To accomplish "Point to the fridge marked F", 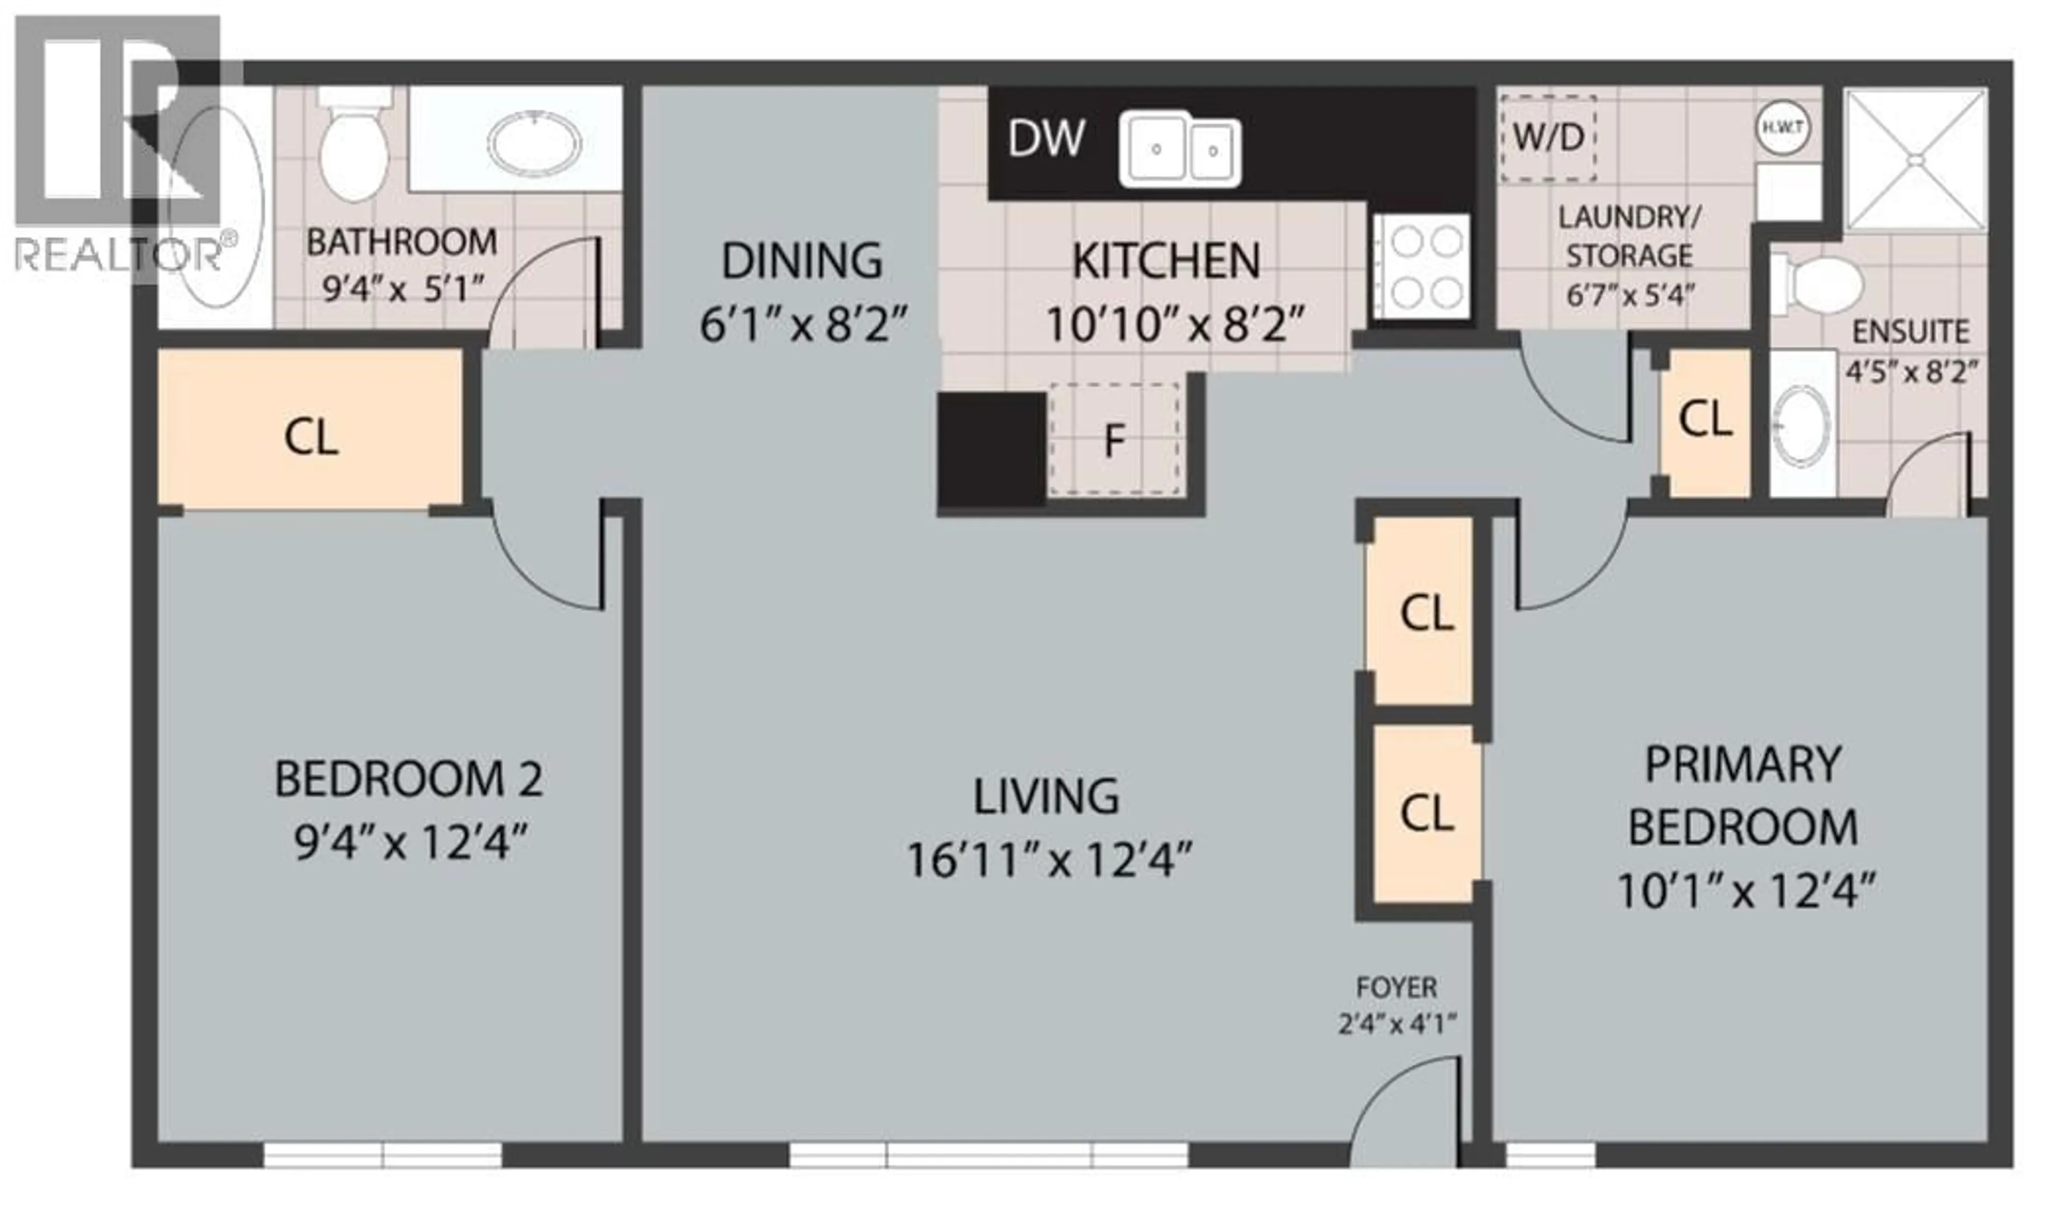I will click(x=1114, y=440).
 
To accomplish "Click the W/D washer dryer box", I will click(x=1548, y=138).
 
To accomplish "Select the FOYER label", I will click(x=1397, y=987).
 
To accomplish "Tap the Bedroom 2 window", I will click(x=383, y=1155).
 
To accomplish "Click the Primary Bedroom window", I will click(x=1550, y=1155).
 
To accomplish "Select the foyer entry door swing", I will click(x=1403, y=1114).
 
